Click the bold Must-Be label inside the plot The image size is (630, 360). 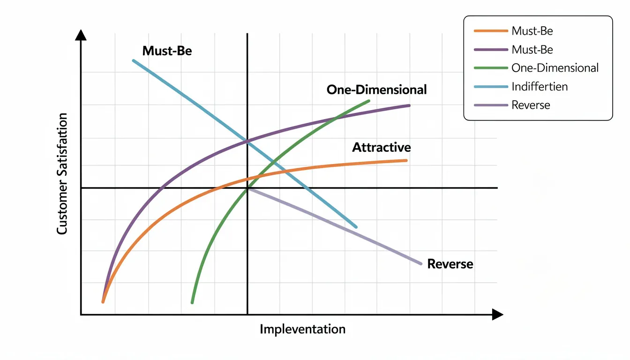[167, 51]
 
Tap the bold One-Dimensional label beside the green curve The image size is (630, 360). [376, 90]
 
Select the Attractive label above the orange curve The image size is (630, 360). [381, 147]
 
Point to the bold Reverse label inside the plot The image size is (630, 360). [450, 264]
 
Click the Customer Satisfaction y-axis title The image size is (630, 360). [62, 173]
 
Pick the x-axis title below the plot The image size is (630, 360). [302, 329]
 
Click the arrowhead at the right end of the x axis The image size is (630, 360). [498, 315]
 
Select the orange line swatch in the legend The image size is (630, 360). [491, 31]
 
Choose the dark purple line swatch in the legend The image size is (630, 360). [491, 49]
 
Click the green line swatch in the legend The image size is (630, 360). [491, 68]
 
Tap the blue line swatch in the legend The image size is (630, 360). [491, 87]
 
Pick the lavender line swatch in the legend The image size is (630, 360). [491, 105]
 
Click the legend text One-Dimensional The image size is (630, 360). [555, 68]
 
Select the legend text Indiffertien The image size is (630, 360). [540, 87]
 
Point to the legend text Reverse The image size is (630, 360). [531, 105]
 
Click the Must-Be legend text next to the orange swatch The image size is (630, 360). [532, 31]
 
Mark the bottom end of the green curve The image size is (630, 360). [192, 302]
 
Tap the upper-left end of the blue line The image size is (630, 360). [134, 60]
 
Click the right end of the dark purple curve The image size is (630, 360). [409, 105]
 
